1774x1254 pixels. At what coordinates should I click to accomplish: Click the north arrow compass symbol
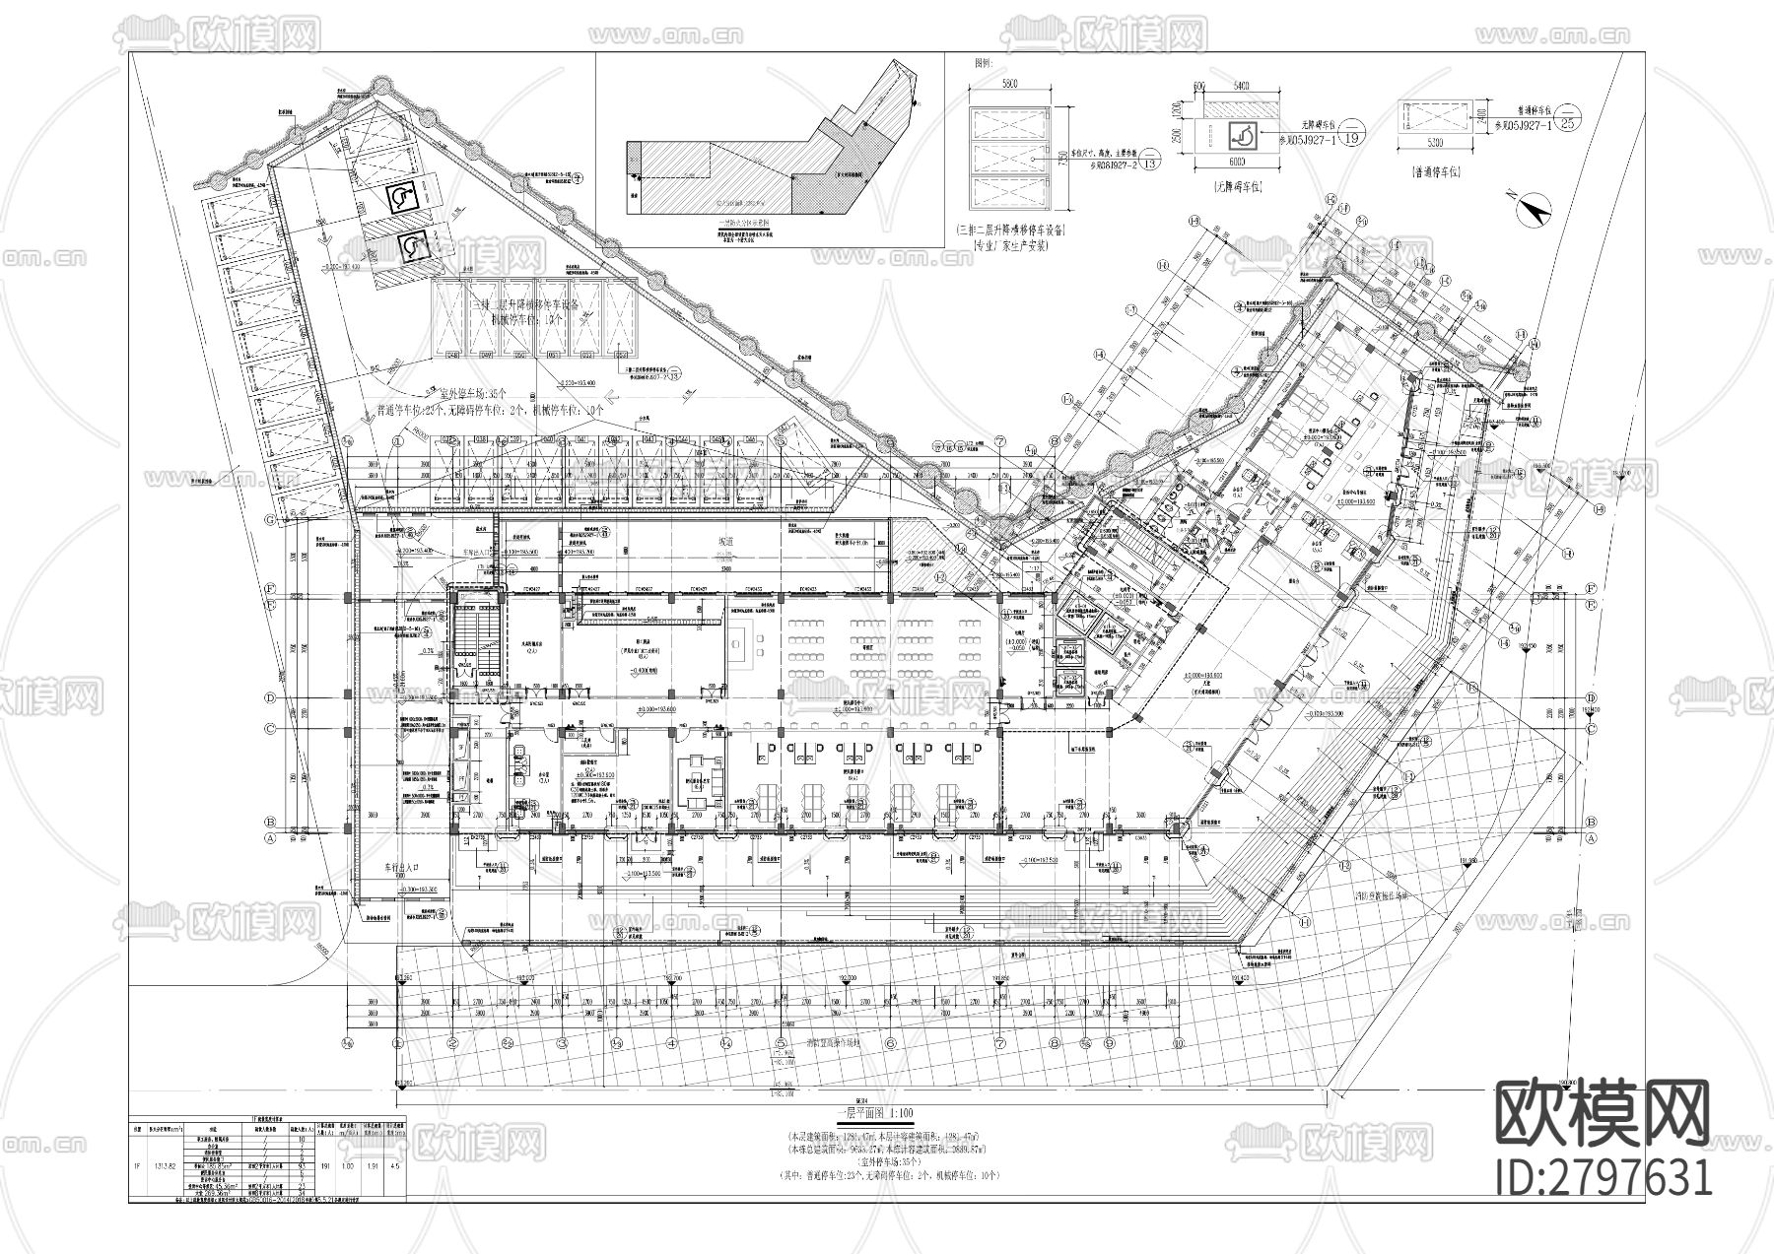(x=1534, y=210)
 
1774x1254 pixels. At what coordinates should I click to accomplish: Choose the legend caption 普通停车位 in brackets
(x=1434, y=170)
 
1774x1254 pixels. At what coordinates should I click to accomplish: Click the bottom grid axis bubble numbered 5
(x=781, y=1043)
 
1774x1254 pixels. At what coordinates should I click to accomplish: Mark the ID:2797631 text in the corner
(x=1604, y=1177)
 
